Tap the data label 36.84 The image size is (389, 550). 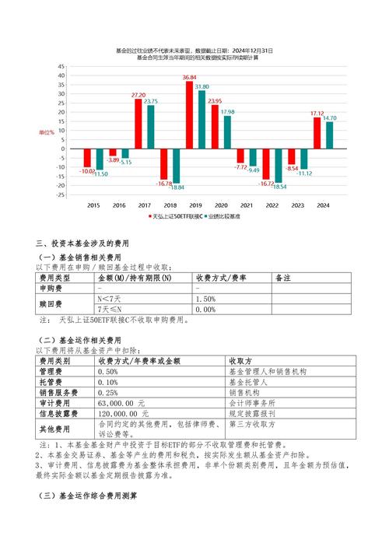[x=189, y=79]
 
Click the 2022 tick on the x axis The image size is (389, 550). [x=272, y=205]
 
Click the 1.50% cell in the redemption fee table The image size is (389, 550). [x=206, y=299]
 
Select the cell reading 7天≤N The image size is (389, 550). [x=110, y=309]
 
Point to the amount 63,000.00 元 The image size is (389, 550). [x=121, y=404]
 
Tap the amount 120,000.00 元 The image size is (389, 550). [x=124, y=414]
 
